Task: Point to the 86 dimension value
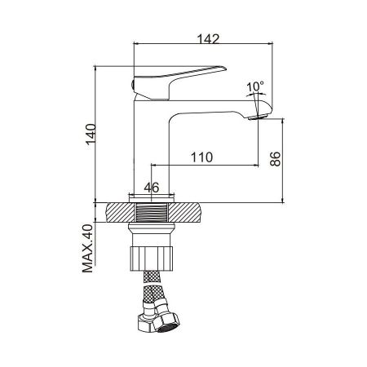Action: click(276, 158)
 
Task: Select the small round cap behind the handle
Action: click(134, 85)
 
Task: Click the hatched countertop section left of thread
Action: click(118, 213)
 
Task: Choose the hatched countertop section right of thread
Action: click(189, 213)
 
